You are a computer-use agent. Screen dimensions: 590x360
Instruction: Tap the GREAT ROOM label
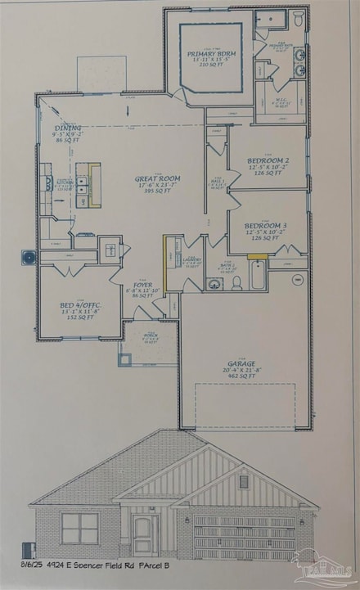158,178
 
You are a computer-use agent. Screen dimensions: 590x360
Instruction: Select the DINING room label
69,128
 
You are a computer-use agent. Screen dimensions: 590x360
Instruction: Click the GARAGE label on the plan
241,363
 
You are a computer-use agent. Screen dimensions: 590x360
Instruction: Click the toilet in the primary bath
299,16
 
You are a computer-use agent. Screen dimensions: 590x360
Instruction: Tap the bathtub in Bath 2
257,277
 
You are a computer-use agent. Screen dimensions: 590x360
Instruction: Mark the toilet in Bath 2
236,282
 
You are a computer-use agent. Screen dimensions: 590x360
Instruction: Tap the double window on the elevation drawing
79,528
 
